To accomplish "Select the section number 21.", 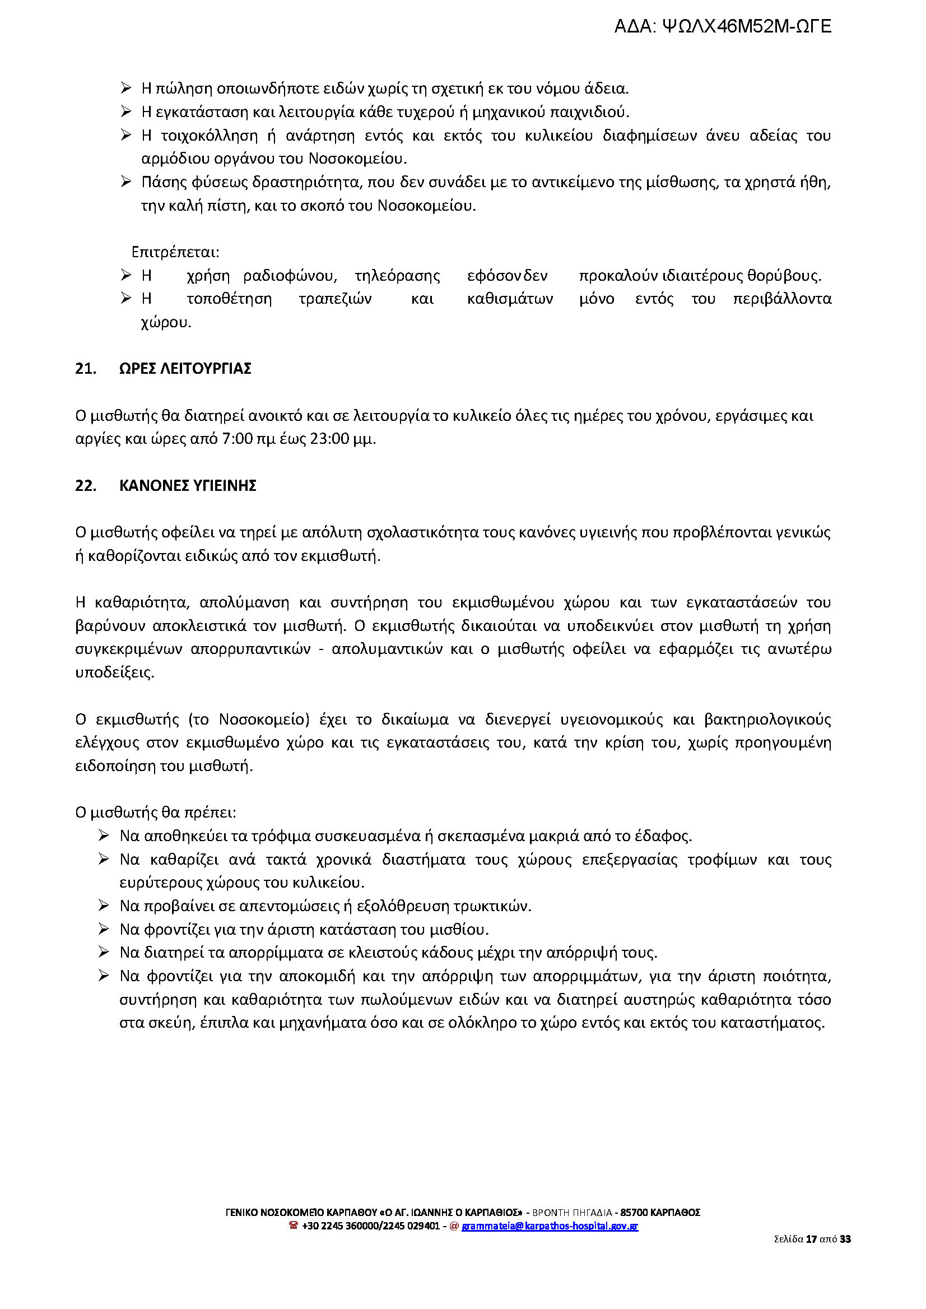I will click(x=86, y=369).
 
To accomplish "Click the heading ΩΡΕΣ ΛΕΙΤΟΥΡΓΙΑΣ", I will click(x=185, y=369).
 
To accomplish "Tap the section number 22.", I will click(x=86, y=486).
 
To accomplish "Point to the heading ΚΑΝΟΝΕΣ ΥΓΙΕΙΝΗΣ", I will click(x=188, y=486).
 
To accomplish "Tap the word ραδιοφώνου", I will click(x=290, y=276).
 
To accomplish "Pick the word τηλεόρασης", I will click(x=397, y=276).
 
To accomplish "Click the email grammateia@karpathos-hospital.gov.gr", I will click(x=550, y=1226).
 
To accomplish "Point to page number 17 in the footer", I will click(x=811, y=1238).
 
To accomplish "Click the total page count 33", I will click(x=845, y=1238).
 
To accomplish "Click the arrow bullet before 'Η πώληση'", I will click(x=126, y=88).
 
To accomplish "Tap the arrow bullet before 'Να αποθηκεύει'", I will click(x=104, y=835).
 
